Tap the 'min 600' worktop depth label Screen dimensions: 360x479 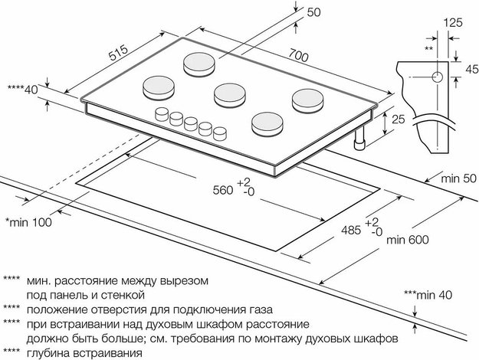coord(409,240)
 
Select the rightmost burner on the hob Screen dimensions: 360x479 coord(306,100)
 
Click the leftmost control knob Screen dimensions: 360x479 coord(162,115)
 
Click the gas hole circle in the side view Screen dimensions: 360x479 coord(435,77)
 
